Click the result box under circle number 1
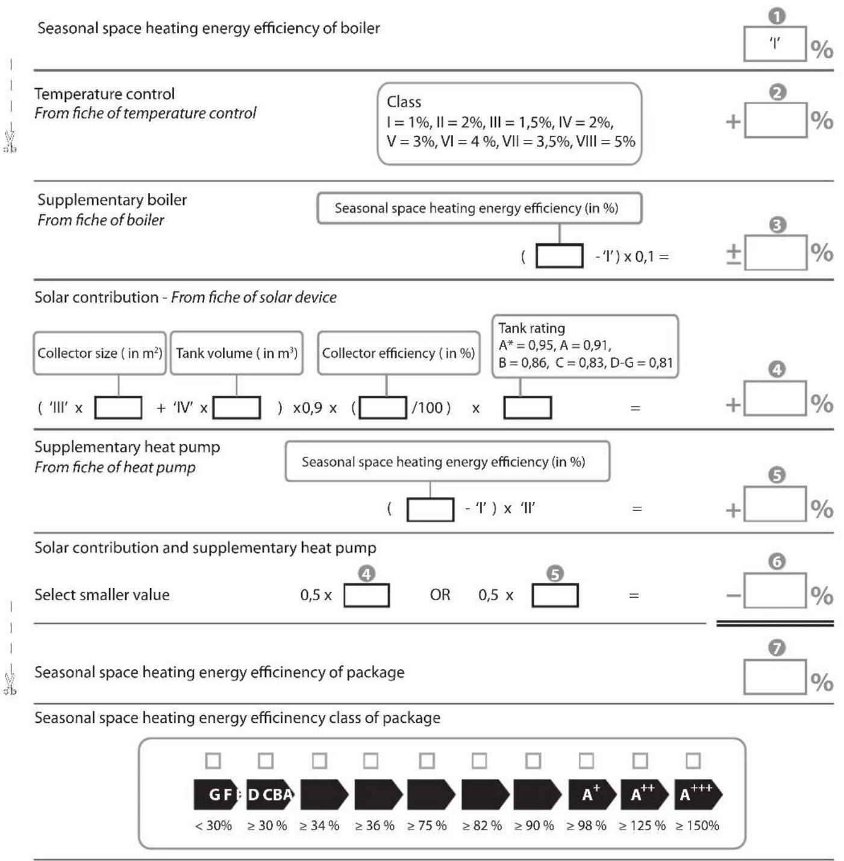775,44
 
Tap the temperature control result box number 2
776,120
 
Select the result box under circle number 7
775,677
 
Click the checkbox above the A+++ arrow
693,760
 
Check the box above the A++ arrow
640,760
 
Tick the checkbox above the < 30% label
213,760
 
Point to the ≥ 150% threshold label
697,825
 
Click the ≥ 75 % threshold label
427,825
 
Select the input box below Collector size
119,407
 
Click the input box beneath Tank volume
236,407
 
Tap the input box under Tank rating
527,407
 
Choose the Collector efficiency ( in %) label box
399,353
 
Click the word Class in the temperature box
404,102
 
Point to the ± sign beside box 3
733,254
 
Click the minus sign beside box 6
733,595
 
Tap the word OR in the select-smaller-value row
440,595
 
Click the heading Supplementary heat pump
127,447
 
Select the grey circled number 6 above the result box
777,561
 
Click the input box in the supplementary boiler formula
560,255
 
